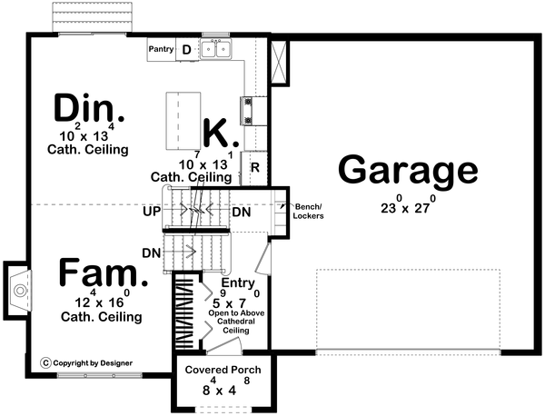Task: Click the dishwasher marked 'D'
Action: tap(186, 50)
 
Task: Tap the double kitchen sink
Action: tap(215, 50)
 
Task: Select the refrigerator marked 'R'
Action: tap(256, 166)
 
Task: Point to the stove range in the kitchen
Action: tap(246, 111)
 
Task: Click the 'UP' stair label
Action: tap(152, 211)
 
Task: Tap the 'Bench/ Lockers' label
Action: tap(309, 213)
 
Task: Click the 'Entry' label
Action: tap(237, 282)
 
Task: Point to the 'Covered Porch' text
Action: tap(223, 371)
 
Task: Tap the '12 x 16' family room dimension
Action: tap(100, 302)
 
